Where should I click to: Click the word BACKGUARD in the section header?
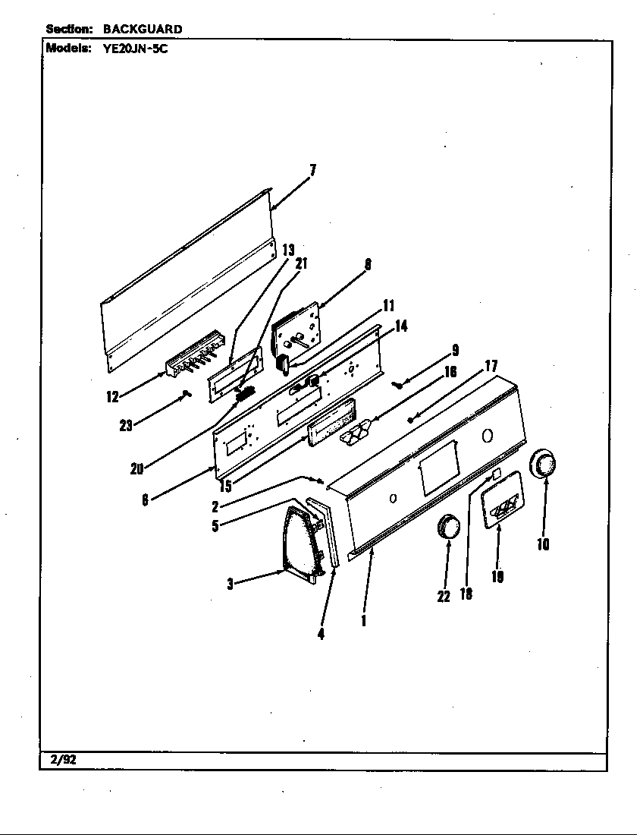(x=143, y=29)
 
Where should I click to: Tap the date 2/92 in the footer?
(x=63, y=760)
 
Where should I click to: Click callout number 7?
(x=312, y=170)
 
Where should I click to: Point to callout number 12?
(x=112, y=397)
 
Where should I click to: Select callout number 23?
(x=126, y=426)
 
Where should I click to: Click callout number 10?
(x=543, y=544)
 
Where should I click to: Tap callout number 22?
(x=444, y=597)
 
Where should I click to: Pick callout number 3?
(x=230, y=584)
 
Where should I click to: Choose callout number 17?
(x=491, y=366)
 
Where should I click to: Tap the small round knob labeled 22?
(x=448, y=528)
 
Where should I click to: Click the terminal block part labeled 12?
(x=195, y=352)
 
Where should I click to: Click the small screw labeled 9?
(x=396, y=384)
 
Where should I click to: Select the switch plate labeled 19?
(x=502, y=500)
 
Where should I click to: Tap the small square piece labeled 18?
(x=497, y=474)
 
